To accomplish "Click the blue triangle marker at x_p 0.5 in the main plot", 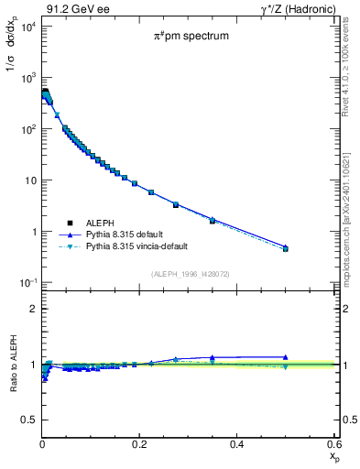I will pyautogui.click(x=286, y=246).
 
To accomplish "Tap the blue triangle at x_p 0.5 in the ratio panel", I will pyautogui.click(x=286, y=357).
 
